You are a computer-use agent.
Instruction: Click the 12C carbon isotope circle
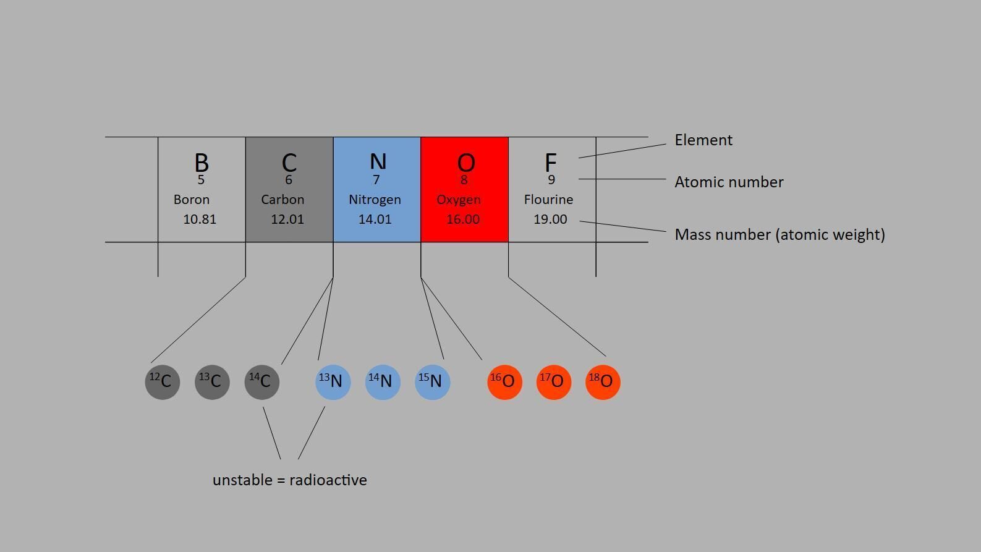click(163, 382)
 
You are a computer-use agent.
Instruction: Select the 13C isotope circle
click(212, 382)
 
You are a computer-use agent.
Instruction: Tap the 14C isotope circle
click(262, 382)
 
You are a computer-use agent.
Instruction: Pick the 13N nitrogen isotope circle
click(333, 382)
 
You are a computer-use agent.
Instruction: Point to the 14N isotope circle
click(383, 382)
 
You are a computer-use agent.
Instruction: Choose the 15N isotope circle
click(432, 382)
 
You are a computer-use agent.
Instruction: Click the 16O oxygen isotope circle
click(504, 382)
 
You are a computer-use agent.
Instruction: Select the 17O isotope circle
click(554, 382)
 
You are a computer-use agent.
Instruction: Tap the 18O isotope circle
click(603, 382)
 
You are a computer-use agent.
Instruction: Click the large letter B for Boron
click(202, 163)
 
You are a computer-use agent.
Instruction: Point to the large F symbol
click(551, 163)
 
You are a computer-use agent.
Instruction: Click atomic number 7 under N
click(376, 180)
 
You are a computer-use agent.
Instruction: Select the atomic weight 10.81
click(200, 219)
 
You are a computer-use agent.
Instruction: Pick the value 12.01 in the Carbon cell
click(287, 219)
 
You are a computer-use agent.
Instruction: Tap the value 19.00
click(551, 219)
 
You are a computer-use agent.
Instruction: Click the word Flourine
click(549, 199)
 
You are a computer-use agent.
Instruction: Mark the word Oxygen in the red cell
click(459, 200)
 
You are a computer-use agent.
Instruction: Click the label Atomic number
click(729, 182)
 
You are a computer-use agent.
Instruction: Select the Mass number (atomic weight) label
click(780, 234)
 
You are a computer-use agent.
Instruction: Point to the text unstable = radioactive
click(290, 480)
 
